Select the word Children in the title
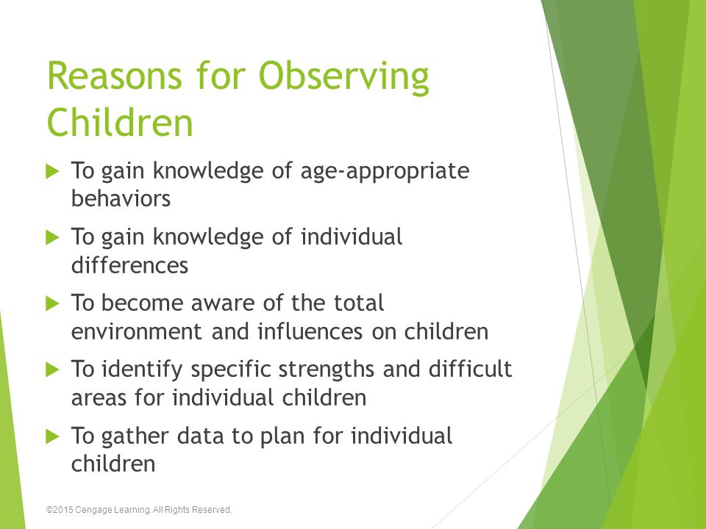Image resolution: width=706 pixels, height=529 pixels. (x=120, y=122)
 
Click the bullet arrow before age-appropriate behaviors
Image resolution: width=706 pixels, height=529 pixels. (x=53, y=171)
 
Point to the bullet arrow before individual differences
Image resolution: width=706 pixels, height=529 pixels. (x=53, y=237)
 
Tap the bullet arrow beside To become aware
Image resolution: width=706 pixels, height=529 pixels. (x=53, y=303)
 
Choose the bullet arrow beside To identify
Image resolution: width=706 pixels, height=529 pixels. (x=53, y=370)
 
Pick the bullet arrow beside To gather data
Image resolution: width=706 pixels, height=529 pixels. (x=53, y=436)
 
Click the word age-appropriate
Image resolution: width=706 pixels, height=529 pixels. (x=385, y=172)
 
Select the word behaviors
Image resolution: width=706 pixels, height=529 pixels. (x=121, y=198)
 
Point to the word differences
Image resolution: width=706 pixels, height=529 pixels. (x=129, y=264)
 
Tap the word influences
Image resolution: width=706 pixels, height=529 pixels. (x=310, y=331)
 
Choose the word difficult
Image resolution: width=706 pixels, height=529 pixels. (x=470, y=368)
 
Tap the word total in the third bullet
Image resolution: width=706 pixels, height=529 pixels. (x=359, y=303)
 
